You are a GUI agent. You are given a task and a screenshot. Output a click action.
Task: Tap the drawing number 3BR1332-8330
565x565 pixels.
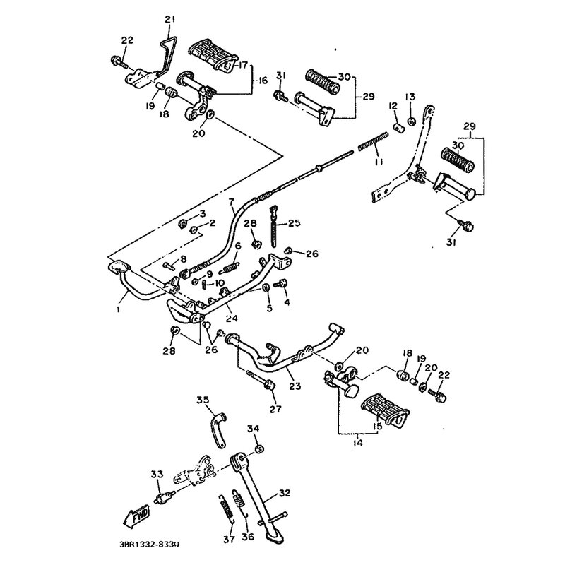coord(144,545)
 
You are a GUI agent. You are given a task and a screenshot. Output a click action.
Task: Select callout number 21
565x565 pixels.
coord(168,18)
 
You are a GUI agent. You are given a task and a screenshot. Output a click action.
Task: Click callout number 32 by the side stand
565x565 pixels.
coord(285,493)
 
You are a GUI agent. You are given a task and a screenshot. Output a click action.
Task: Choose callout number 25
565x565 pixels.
coord(294,223)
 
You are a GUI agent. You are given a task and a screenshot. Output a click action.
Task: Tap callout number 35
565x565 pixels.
coord(203,400)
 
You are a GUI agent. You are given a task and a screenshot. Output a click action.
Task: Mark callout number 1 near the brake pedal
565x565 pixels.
coord(119,309)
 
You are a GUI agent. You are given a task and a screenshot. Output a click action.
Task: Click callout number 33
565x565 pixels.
coord(157,474)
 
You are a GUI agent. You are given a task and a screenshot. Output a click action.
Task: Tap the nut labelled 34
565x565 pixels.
coord(259,449)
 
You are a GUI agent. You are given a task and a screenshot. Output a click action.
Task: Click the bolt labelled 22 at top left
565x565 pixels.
coord(116,62)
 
